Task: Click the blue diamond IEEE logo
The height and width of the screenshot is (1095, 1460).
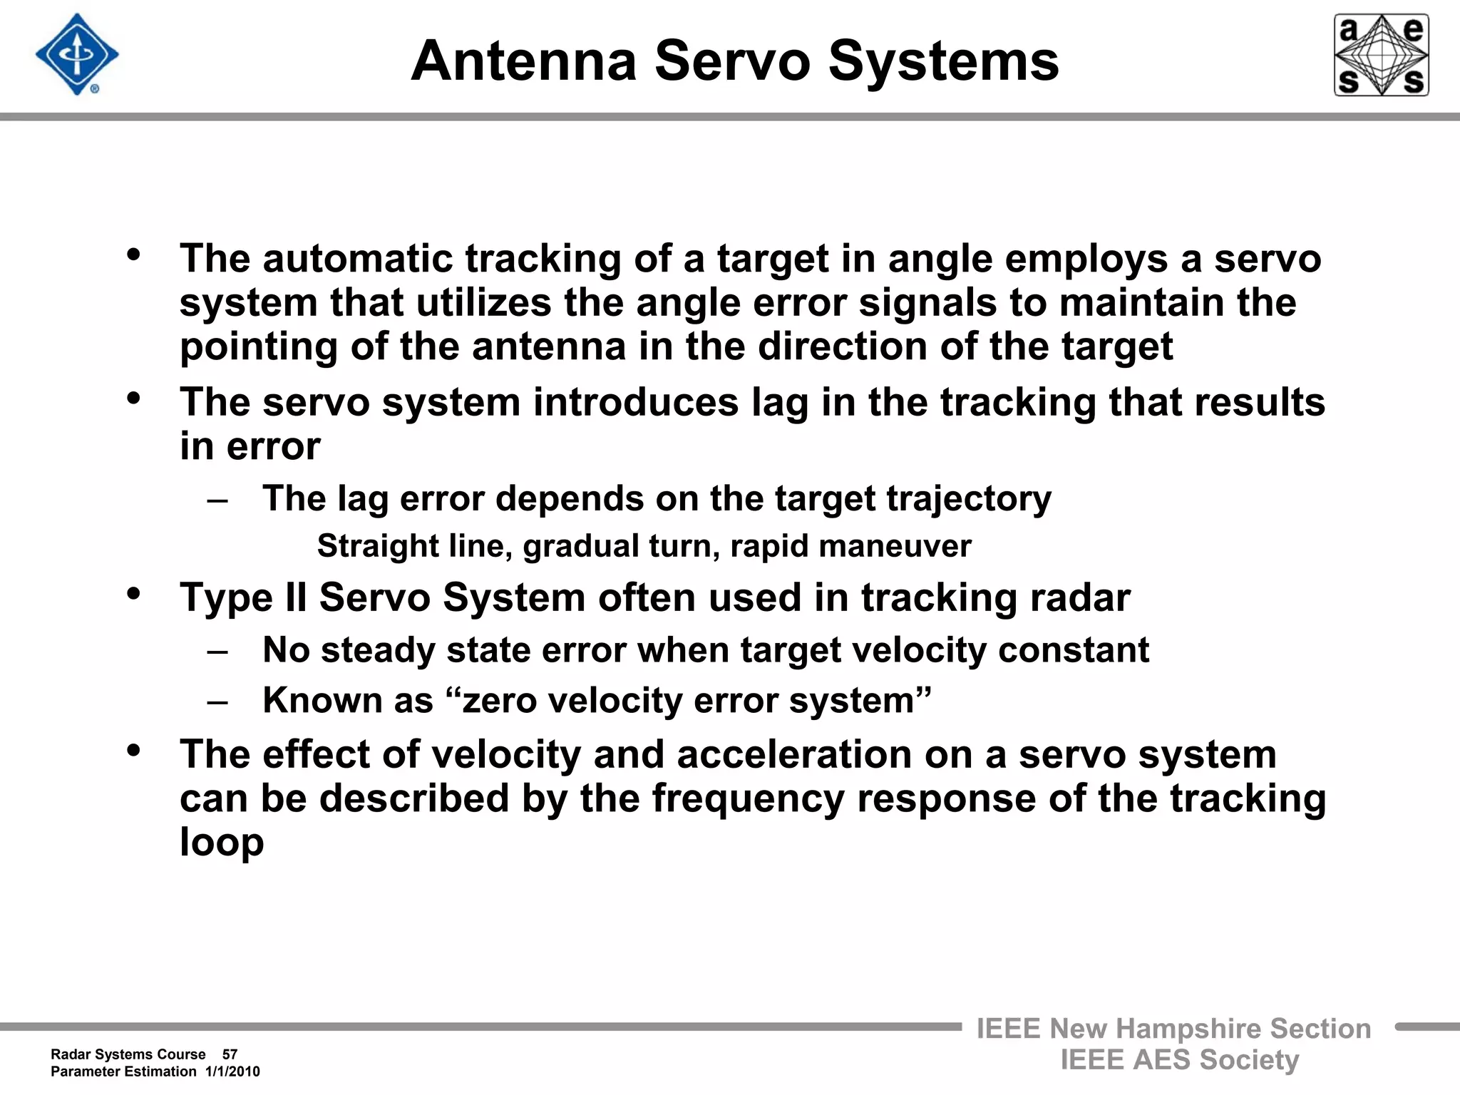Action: click(x=77, y=55)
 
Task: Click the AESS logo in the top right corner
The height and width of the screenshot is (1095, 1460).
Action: click(x=1381, y=55)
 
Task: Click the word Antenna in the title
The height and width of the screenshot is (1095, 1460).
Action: click(x=524, y=61)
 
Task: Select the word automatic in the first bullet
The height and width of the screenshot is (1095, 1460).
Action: click(x=357, y=258)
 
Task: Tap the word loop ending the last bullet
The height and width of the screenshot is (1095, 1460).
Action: click(x=222, y=842)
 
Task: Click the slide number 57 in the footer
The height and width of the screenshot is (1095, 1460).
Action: click(x=230, y=1054)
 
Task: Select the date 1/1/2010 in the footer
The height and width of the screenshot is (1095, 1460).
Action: click(x=232, y=1071)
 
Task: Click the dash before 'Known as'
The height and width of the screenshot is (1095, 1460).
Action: click(x=217, y=701)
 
